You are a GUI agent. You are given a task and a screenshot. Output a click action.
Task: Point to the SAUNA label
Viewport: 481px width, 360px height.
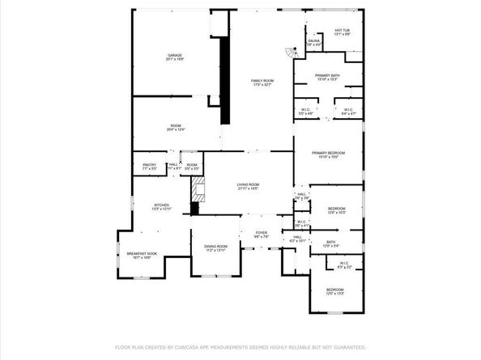[313, 42]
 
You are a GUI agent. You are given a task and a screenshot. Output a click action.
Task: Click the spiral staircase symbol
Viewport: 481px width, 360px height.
[289, 54]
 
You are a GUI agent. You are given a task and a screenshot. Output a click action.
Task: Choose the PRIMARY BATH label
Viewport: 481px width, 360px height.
[328, 77]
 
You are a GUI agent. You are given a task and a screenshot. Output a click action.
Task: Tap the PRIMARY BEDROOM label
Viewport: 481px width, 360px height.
[329, 154]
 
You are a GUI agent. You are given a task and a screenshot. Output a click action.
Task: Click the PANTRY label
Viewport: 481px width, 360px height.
[148, 166]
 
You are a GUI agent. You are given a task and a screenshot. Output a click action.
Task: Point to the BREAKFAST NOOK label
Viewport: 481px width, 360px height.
[142, 256]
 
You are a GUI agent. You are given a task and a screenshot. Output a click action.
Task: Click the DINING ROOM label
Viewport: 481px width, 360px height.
[215, 248]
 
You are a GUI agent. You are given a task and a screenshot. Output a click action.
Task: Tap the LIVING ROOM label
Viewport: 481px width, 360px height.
[248, 185]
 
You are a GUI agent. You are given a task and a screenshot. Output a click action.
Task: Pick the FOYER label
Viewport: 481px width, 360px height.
[261, 234]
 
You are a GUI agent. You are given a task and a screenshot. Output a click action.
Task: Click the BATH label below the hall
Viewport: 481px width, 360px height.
[330, 242]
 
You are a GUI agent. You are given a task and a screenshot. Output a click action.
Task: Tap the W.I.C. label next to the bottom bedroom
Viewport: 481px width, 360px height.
[343, 264]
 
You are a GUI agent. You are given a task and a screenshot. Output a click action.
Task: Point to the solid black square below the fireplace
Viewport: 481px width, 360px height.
[194, 210]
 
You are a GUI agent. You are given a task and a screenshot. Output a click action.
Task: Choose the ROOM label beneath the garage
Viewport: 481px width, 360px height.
[175, 127]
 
